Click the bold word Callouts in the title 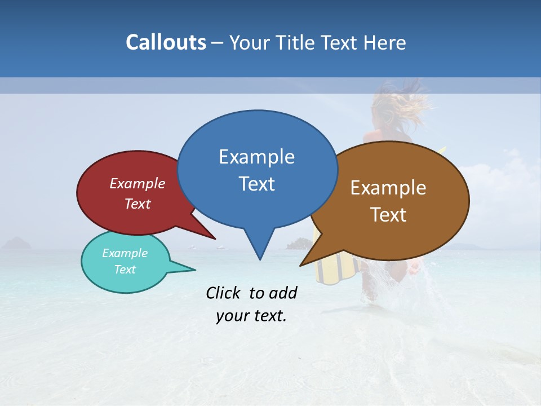tap(166, 42)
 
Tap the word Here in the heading tap(385, 42)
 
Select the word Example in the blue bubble tap(256, 157)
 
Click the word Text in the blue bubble tap(256, 184)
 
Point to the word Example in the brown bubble tap(388, 188)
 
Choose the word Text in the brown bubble tap(388, 215)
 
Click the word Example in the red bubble tap(138, 184)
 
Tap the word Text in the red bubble tap(138, 204)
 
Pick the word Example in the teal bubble tap(125, 253)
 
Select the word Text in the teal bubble tap(125, 270)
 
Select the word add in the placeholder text tap(283, 293)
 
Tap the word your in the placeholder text tap(232, 316)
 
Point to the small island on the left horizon tap(17, 244)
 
